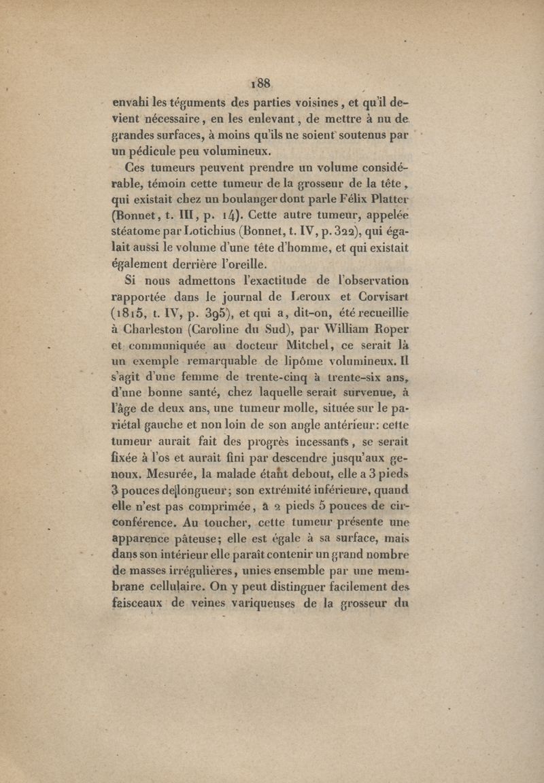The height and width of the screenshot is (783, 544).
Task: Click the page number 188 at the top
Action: (261, 83)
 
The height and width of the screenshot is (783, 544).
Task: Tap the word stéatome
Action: (139, 218)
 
